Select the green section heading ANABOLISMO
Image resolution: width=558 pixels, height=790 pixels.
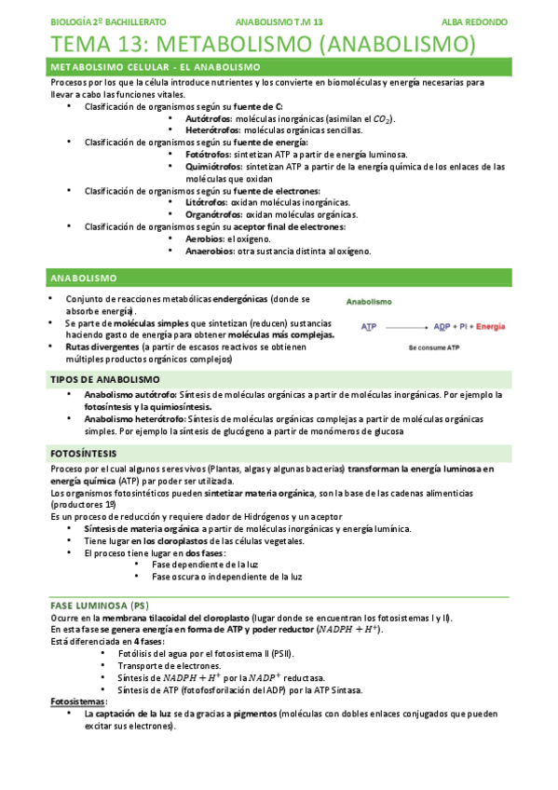[x=83, y=278]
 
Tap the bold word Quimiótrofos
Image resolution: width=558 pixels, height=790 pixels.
[x=215, y=167]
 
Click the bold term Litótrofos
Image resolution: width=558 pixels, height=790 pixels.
[x=207, y=202]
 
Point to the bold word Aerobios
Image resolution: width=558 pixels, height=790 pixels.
[x=205, y=238]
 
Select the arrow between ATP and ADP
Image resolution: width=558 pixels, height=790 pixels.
[x=405, y=327]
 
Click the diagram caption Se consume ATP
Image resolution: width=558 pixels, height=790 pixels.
[x=434, y=347]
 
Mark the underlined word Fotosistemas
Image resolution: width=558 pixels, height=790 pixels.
[x=77, y=701]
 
